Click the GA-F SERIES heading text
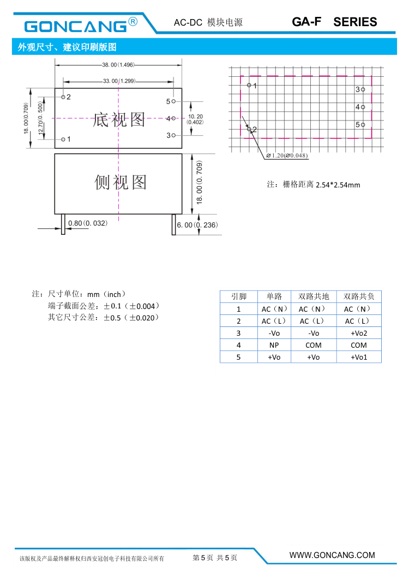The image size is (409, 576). coord(334,22)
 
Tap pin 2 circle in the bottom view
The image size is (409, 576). coord(63,96)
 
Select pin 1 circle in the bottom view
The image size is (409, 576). coord(63,140)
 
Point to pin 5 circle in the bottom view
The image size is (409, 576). coord(173,101)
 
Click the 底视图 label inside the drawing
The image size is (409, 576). coord(119,119)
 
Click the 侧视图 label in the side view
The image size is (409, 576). coord(121,182)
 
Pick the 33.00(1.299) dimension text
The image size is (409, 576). coord(118,81)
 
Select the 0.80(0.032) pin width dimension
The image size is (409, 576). coord(88,223)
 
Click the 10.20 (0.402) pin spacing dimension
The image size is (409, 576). coord(195,119)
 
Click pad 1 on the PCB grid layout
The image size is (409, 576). coord(249,85)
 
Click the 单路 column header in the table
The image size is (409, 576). coord(274,296)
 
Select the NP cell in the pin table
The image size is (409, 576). coord(274,345)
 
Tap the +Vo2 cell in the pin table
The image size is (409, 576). coord(359,333)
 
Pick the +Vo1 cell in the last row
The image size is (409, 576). coord(359,357)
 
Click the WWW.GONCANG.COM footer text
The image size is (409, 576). coord(332,555)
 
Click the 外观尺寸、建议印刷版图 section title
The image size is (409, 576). coord(67,47)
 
